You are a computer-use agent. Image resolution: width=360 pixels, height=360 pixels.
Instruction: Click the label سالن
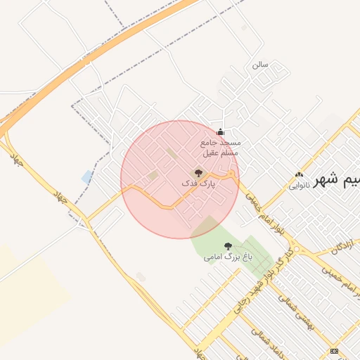point(261,64)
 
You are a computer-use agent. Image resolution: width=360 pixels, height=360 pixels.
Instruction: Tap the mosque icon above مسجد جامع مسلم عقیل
point(221,131)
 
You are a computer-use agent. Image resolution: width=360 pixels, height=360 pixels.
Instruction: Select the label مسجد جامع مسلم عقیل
point(221,147)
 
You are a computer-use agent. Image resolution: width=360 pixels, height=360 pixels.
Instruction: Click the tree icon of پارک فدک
point(198,172)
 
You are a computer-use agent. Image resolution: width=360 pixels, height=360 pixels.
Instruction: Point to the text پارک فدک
point(198,184)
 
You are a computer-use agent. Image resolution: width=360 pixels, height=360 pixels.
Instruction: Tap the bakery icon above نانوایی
point(300,175)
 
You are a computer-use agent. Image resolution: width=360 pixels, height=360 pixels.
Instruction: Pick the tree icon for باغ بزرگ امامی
point(227,246)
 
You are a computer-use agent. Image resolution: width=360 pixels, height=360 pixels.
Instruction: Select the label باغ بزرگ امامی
point(227,257)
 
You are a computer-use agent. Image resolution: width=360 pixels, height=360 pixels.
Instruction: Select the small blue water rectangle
point(87,176)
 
